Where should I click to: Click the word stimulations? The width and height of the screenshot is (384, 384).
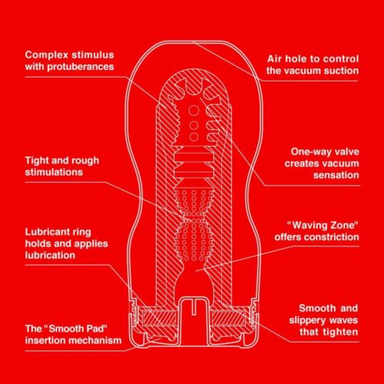[58, 174]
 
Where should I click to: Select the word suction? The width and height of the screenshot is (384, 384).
[338, 71]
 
